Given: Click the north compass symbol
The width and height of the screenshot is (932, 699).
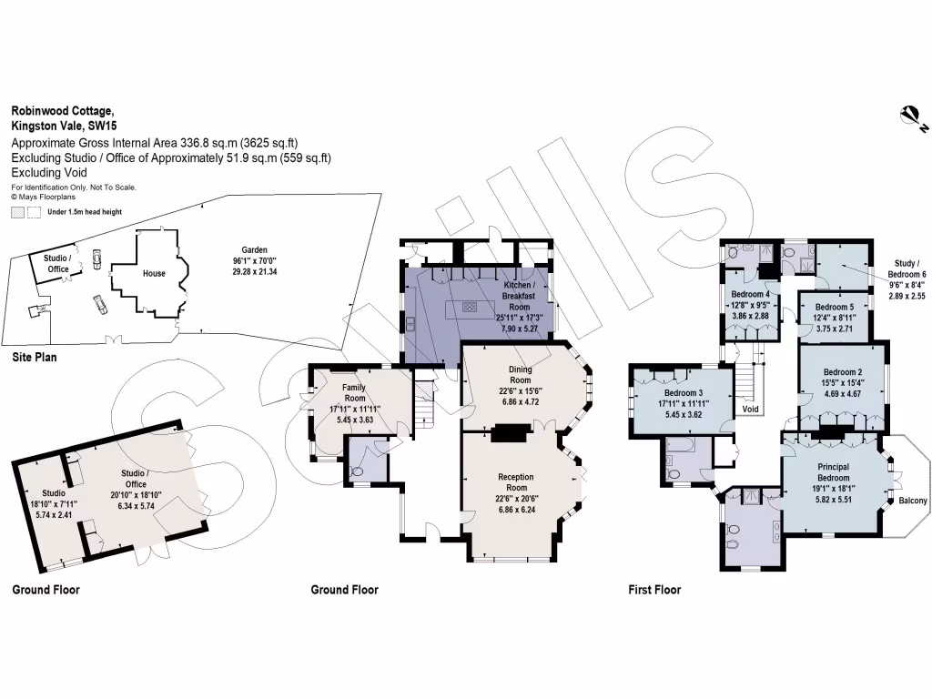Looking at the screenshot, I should pos(908,115).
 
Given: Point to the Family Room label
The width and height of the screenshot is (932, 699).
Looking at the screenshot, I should pos(354,393).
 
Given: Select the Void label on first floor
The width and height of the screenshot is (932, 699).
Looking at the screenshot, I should pos(750,410).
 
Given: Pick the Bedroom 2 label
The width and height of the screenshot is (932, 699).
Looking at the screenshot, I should pos(843,372).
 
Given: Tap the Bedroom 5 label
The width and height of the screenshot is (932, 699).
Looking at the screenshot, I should pos(834,308).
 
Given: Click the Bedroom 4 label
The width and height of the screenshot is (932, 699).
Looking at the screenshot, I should pos(751,294).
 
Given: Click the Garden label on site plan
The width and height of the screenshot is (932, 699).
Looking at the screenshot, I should pos(254,249).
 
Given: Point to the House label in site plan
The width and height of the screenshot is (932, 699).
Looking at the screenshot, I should pos(154,273).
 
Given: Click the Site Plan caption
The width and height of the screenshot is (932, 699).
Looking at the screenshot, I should pos(35,358).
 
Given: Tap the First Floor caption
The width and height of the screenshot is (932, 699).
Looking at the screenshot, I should pos(654,590).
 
